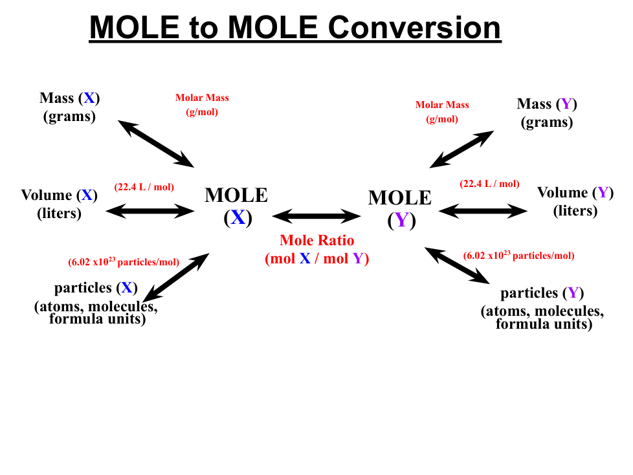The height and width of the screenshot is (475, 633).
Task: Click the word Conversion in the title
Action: [414, 27]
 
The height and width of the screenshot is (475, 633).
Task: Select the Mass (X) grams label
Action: [70, 107]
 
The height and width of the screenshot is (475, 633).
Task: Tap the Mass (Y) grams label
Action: [547, 113]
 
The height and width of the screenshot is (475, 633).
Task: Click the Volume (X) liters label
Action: [59, 204]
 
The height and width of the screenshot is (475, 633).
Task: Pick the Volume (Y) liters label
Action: [575, 201]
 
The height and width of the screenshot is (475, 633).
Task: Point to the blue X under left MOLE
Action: [238, 217]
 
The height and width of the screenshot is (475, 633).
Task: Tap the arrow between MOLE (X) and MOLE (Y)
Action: [316, 215]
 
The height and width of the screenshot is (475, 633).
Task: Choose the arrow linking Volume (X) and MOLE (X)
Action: [150, 210]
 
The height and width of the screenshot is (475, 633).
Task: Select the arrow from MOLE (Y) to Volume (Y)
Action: [482, 210]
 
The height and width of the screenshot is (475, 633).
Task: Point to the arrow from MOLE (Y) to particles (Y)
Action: [456, 265]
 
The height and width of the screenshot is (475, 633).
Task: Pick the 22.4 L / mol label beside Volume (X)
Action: [144, 188]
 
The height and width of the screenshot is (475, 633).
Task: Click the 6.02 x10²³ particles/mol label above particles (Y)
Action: [518, 256]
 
